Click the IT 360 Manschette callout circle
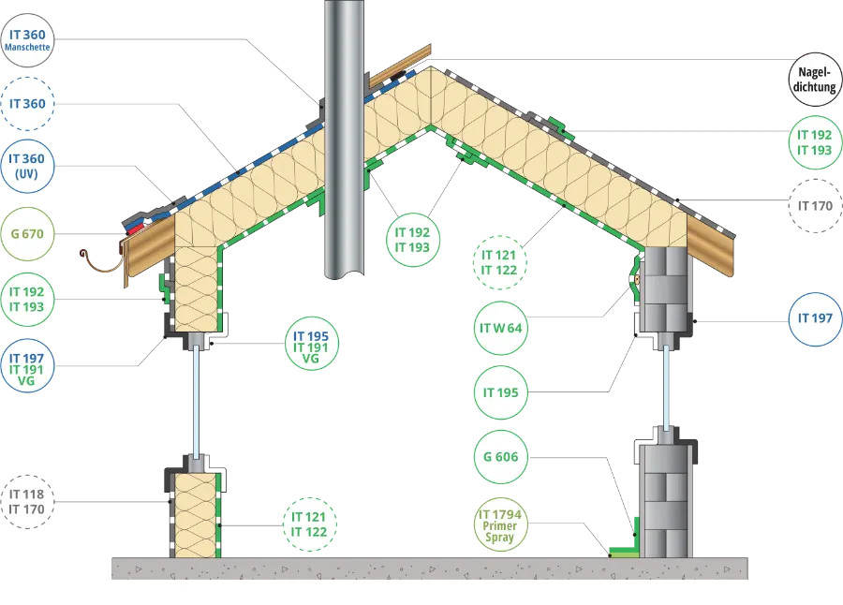(27, 40)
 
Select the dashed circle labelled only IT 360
(27, 104)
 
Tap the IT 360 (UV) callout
(27, 166)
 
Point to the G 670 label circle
(27, 234)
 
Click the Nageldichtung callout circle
(816, 80)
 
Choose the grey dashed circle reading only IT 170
(816, 206)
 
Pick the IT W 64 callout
(500, 328)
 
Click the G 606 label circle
(500, 457)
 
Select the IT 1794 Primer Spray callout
(500, 524)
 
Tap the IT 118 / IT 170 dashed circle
(27, 502)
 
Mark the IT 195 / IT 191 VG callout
(311, 345)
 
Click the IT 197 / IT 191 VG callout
(27, 365)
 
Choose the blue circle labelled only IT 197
(816, 319)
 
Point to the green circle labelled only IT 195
(500, 392)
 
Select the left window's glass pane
(197, 402)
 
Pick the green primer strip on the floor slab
(624, 552)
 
